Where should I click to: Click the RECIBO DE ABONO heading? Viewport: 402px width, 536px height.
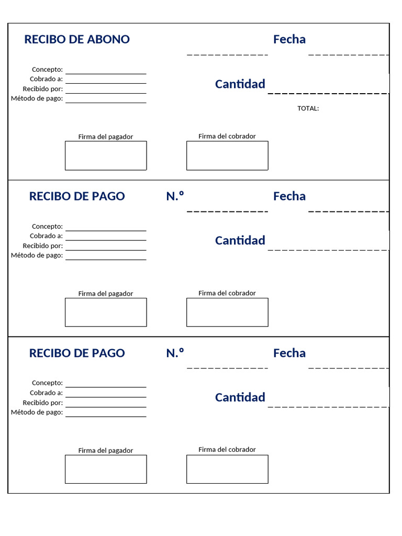[x=77, y=39]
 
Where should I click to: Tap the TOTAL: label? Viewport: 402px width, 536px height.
[x=308, y=108]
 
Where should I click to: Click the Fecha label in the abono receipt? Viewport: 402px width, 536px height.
[x=289, y=39]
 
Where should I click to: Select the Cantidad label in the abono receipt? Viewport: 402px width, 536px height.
[x=240, y=84]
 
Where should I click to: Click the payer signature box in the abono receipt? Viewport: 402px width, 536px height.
[x=106, y=155]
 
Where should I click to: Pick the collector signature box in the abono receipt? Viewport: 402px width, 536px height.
[x=227, y=155]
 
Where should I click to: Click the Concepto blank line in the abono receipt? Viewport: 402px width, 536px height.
[x=106, y=72]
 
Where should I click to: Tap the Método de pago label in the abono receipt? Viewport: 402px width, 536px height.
[x=37, y=98]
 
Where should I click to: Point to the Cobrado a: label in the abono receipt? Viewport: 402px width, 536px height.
[x=47, y=79]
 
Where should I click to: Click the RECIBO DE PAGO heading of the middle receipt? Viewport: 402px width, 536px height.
[x=77, y=196]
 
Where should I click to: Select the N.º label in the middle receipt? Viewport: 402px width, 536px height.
[x=175, y=196]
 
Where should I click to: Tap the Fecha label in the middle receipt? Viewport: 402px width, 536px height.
[x=289, y=196]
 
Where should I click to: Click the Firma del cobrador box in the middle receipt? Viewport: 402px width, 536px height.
[x=227, y=312]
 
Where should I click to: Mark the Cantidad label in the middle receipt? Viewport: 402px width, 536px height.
[x=240, y=240]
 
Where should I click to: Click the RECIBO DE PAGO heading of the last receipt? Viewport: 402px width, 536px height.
[x=77, y=353]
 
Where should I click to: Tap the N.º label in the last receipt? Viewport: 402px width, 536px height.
[x=175, y=353]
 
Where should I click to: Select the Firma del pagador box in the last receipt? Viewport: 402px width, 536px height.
[x=106, y=469]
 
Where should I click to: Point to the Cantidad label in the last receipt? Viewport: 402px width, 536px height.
[x=240, y=397]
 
